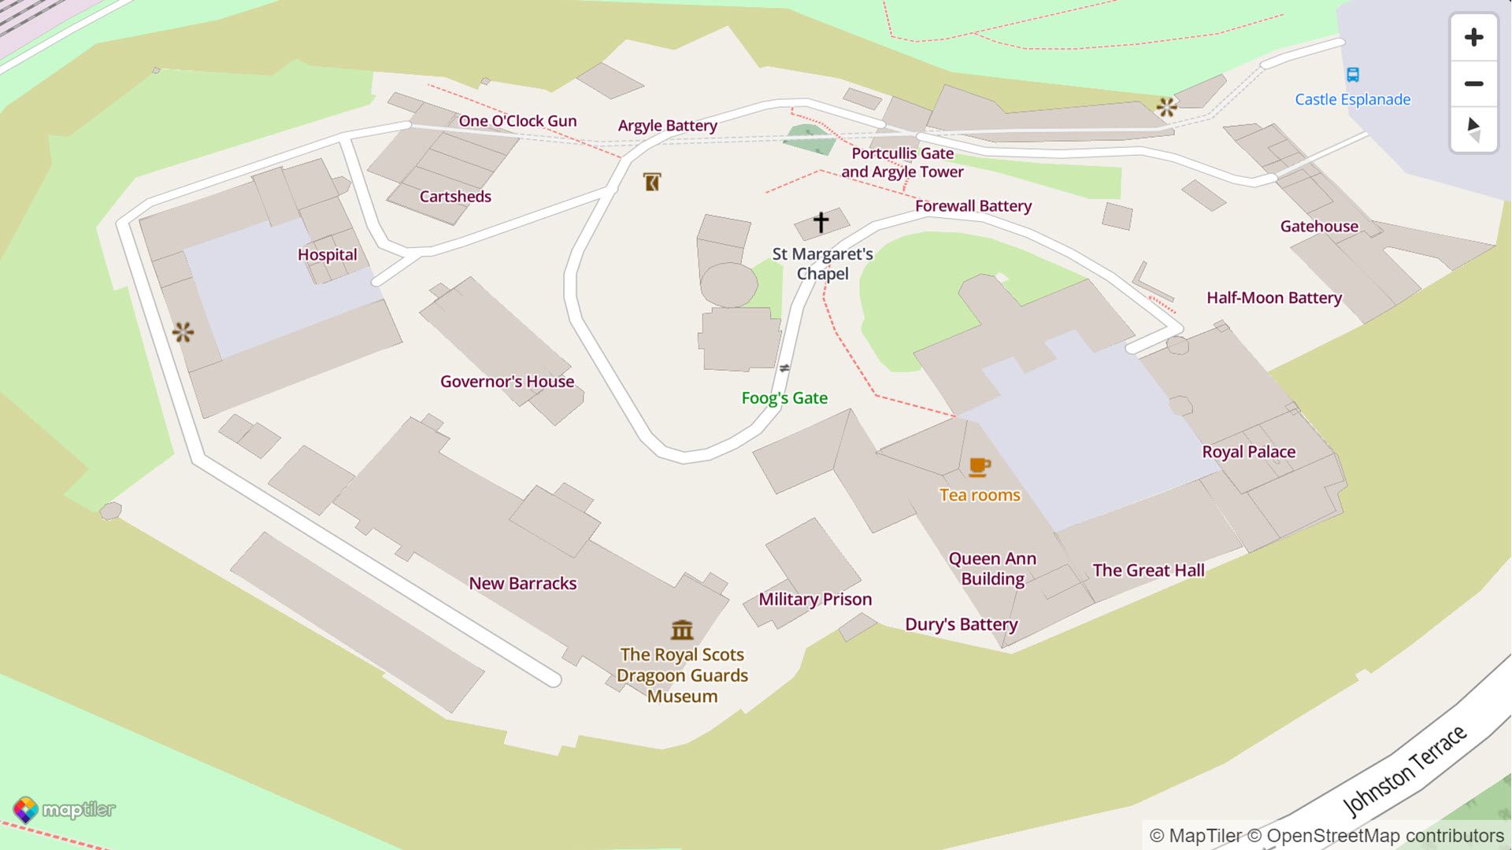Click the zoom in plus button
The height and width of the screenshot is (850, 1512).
1473,37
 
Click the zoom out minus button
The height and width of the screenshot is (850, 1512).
1473,83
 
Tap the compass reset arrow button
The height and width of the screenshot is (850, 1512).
1473,129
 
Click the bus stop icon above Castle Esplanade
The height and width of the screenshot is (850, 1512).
1352,75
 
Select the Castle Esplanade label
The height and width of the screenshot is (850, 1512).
1352,99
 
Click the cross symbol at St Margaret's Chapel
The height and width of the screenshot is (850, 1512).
821,222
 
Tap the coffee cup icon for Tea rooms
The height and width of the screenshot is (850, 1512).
979,467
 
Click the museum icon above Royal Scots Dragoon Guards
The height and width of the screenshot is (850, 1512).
682,630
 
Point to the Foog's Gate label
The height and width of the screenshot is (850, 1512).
784,398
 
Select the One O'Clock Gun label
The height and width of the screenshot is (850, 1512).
517,121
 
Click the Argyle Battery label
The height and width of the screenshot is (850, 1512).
667,126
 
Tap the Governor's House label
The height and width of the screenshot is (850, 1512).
507,382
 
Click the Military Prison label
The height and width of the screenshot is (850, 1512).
815,600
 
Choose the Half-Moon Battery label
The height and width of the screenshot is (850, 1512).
1273,297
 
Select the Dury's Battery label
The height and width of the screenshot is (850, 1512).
961,625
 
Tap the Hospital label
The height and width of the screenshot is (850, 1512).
327,255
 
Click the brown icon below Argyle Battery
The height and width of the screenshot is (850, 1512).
651,183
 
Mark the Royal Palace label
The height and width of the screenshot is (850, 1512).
1248,452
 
